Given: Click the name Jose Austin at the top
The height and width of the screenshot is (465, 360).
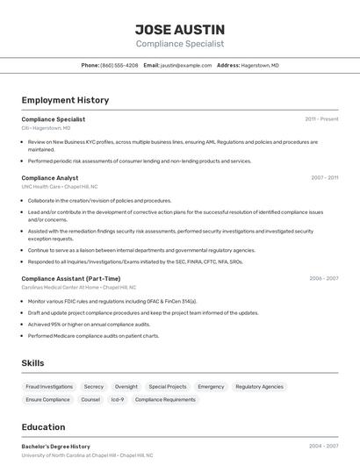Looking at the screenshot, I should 179,30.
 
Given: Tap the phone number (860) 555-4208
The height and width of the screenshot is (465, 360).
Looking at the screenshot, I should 119,65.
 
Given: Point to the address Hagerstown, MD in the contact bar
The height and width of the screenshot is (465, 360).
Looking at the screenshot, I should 261,65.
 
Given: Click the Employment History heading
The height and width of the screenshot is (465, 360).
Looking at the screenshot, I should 65,100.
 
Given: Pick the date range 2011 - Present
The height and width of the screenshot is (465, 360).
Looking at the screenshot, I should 321,118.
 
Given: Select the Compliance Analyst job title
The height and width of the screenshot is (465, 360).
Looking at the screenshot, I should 49,177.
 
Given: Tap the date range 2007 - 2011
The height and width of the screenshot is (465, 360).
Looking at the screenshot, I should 324,177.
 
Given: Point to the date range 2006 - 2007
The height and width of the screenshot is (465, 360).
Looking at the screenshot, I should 324,278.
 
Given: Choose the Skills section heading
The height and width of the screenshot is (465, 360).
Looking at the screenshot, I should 32,362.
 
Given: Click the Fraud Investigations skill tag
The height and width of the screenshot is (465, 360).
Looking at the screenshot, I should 49,386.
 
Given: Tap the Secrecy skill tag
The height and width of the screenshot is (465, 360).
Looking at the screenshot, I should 94,386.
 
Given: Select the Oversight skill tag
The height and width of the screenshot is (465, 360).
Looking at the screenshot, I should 126,386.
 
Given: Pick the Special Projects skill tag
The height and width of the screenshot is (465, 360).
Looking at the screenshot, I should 168,386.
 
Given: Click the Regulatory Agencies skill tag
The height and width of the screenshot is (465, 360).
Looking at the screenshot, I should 259,386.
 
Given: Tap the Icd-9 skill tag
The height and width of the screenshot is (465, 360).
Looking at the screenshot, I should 117,399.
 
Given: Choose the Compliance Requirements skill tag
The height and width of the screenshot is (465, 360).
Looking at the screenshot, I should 165,399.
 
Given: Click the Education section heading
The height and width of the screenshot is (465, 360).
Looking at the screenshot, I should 43,427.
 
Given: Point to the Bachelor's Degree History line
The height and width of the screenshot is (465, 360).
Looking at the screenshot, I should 56,446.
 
